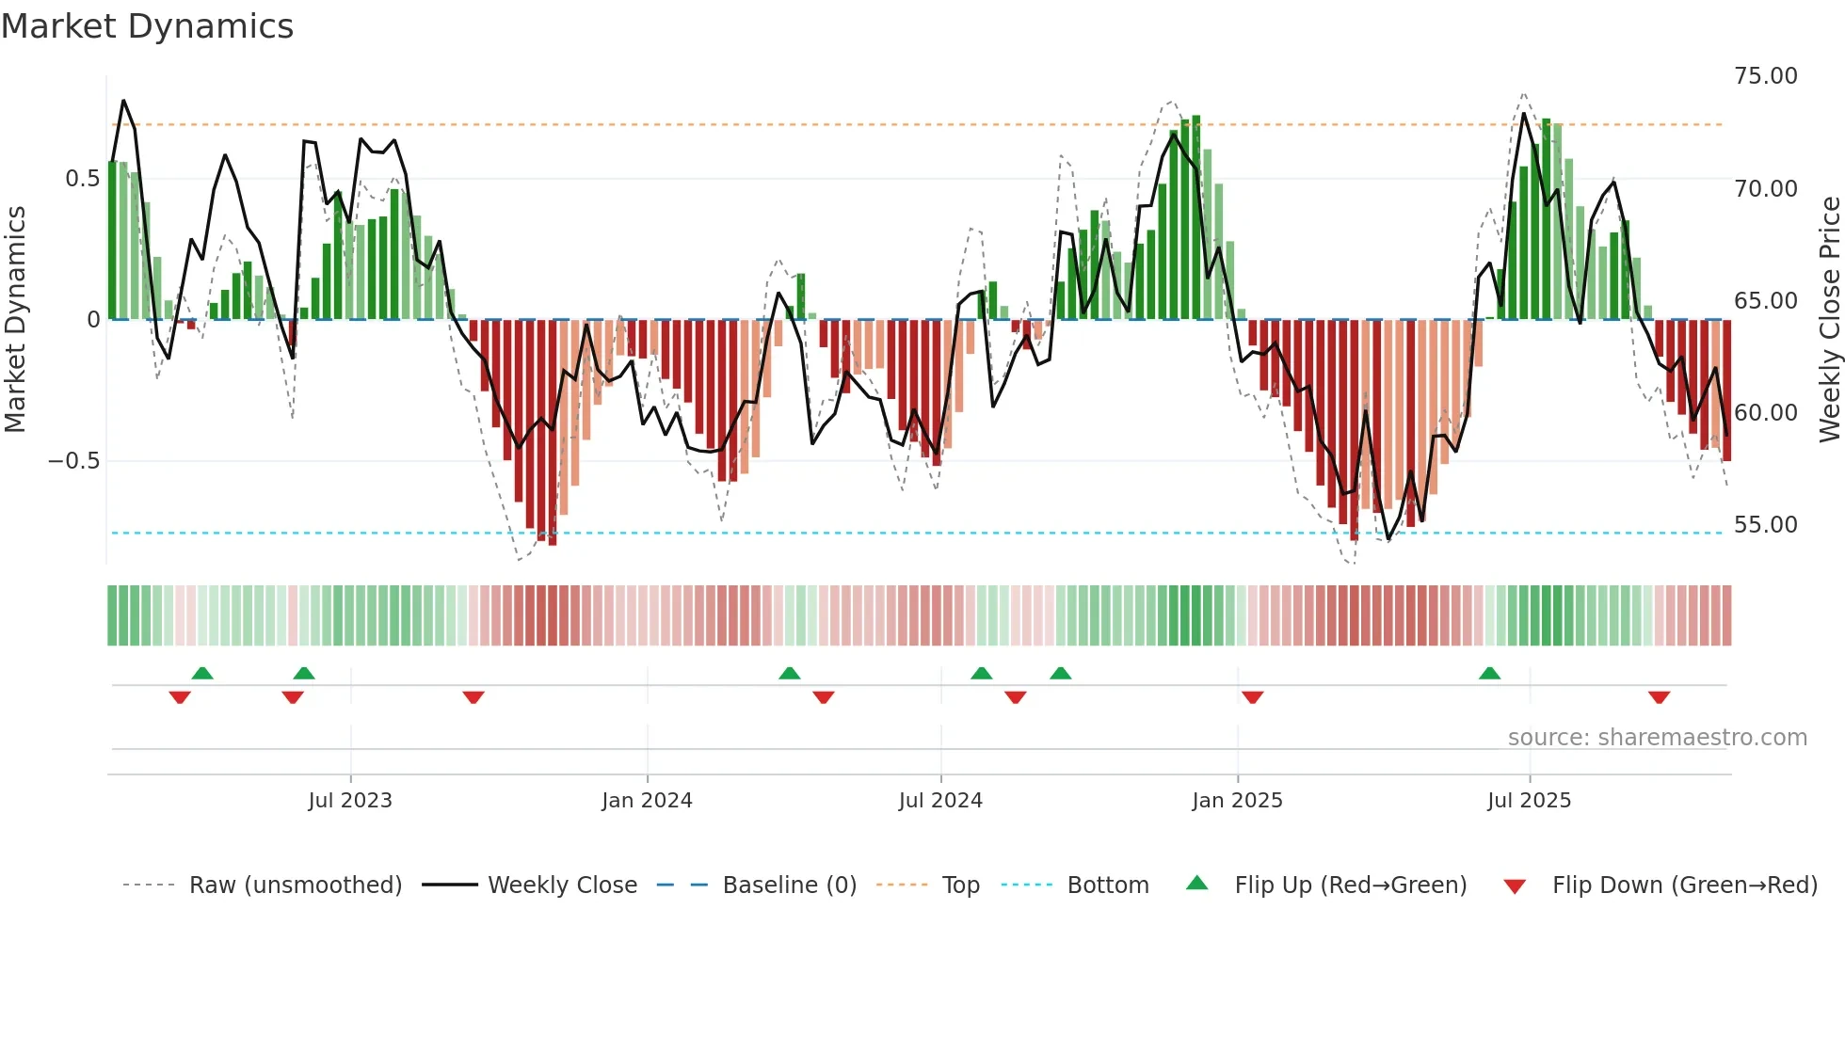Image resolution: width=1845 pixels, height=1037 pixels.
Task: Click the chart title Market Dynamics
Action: (x=148, y=26)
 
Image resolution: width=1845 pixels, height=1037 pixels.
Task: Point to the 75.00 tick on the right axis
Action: (x=1765, y=76)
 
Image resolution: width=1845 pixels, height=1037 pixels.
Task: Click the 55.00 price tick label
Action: (x=1765, y=525)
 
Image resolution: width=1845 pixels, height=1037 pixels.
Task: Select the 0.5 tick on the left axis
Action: (x=82, y=179)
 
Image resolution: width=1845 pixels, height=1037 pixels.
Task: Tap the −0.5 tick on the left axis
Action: (x=73, y=461)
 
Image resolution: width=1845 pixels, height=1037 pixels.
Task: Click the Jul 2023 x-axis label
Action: (x=350, y=801)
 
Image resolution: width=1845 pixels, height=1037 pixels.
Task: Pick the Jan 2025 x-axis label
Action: (x=1237, y=801)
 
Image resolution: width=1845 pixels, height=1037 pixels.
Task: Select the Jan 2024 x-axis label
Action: (x=647, y=801)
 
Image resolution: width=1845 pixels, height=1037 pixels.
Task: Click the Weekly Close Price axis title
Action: (x=1829, y=319)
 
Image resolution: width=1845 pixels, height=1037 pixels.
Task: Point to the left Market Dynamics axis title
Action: (x=15, y=319)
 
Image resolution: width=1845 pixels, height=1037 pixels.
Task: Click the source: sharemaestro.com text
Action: (x=1657, y=738)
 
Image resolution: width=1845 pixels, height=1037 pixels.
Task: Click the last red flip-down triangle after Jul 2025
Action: (x=1659, y=697)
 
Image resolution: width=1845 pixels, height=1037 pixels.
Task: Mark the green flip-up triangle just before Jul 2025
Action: (x=1489, y=673)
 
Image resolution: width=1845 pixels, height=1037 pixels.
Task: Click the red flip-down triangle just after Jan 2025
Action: (x=1252, y=697)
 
